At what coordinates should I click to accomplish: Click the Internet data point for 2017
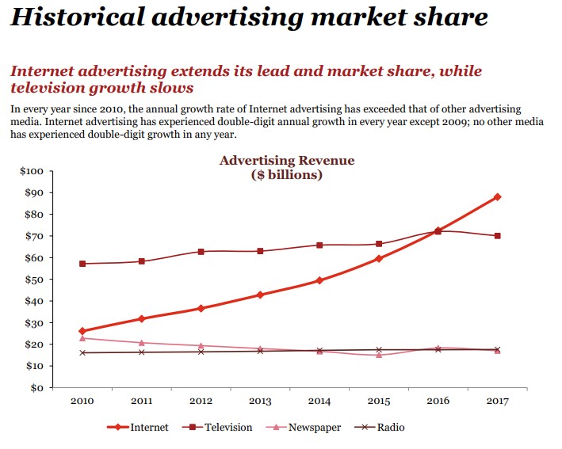click(498, 196)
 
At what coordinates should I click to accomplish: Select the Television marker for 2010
click(82, 264)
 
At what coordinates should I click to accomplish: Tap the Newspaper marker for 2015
click(379, 355)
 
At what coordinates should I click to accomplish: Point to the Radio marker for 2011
click(142, 352)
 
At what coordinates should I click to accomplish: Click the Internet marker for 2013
click(260, 295)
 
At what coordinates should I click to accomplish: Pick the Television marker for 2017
click(498, 236)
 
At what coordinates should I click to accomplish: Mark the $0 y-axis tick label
click(36, 388)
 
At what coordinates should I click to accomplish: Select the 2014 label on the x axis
click(319, 401)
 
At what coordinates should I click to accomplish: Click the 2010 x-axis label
click(82, 401)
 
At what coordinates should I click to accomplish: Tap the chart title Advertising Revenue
click(287, 161)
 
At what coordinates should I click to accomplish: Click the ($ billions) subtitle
click(287, 175)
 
